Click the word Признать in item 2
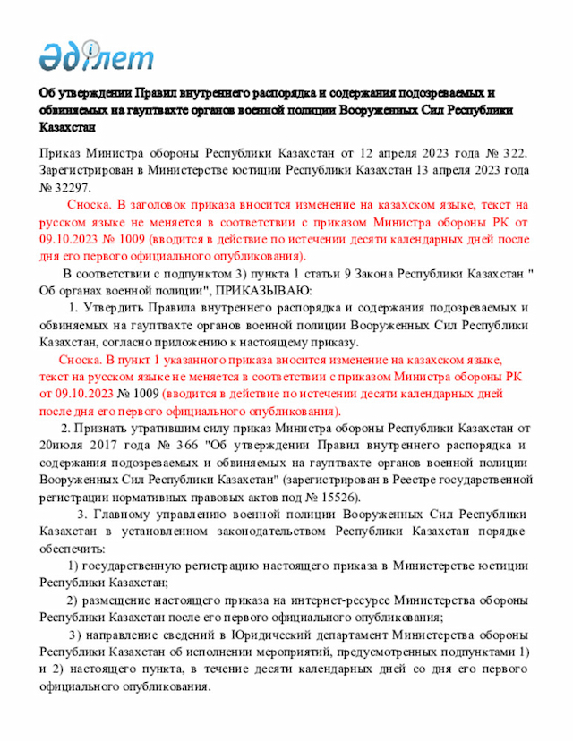pyautogui.click(x=102, y=429)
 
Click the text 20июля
pyautogui.click(x=60, y=446)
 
